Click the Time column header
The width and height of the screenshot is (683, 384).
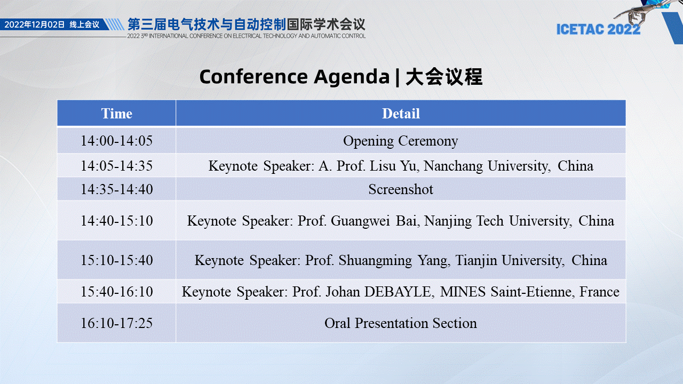[x=116, y=114]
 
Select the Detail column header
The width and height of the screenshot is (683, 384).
[x=401, y=114]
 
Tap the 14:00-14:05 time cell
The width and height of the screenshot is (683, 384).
[x=116, y=141]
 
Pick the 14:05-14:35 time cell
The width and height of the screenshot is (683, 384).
[x=116, y=166]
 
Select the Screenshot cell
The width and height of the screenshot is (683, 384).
[x=401, y=189]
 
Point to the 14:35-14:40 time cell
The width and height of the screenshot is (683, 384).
[x=116, y=189]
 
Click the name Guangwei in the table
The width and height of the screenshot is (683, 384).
[x=360, y=221]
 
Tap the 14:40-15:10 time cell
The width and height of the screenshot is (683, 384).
[x=116, y=221]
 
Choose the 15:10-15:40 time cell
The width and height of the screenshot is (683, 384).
[x=116, y=260]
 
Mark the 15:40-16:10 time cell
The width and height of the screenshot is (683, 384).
[x=116, y=292]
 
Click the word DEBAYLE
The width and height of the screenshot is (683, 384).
[x=399, y=292]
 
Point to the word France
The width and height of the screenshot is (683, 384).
[x=599, y=292]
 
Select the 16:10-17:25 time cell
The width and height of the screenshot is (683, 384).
[x=116, y=323]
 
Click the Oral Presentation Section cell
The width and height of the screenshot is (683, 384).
[x=401, y=323]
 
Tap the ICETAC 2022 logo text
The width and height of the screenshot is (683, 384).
[x=598, y=29]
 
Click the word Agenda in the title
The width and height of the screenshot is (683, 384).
[x=352, y=77]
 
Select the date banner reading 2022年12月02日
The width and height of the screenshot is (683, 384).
[x=35, y=25]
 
